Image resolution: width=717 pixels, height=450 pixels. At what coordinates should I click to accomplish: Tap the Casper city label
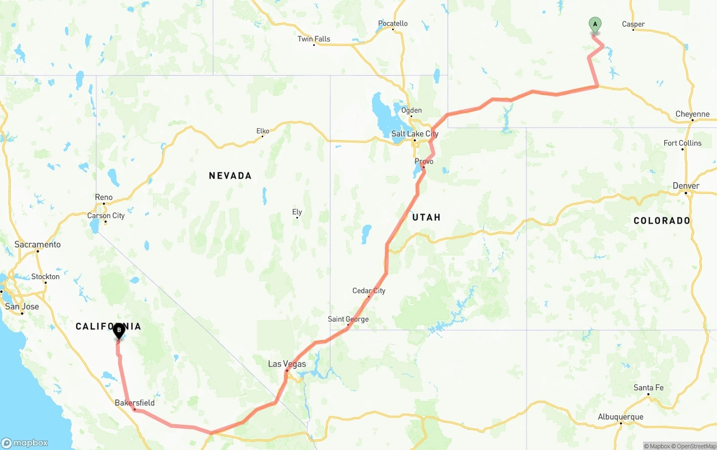point(633,24)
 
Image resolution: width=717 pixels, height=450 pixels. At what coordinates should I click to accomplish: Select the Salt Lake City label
point(415,134)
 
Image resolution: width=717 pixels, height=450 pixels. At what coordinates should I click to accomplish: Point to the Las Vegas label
point(287,364)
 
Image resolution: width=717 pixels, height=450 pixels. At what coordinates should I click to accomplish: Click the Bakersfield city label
point(134,403)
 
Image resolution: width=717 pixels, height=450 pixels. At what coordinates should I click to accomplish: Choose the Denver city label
point(686,186)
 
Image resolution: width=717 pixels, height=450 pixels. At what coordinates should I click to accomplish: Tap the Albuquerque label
point(620,417)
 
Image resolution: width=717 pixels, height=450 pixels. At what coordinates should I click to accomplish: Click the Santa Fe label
point(648,388)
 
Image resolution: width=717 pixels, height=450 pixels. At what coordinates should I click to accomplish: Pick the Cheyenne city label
point(692,114)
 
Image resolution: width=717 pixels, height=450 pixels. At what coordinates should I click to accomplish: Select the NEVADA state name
point(230,176)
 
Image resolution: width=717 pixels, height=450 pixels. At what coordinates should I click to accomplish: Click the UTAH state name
point(426,217)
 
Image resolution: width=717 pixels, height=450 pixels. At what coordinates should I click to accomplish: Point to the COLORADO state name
point(662,221)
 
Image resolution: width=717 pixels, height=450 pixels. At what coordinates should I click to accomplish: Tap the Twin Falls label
point(314,39)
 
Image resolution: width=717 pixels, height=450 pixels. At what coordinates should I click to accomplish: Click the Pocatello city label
point(393,24)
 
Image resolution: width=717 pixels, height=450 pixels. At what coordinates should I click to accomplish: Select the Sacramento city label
point(38,245)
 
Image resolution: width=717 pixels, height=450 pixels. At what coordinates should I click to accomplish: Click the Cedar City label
point(369,291)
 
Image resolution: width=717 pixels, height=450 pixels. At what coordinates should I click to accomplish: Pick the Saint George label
point(348,319)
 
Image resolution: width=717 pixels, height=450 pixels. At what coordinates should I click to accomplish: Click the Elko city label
point(263,131)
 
